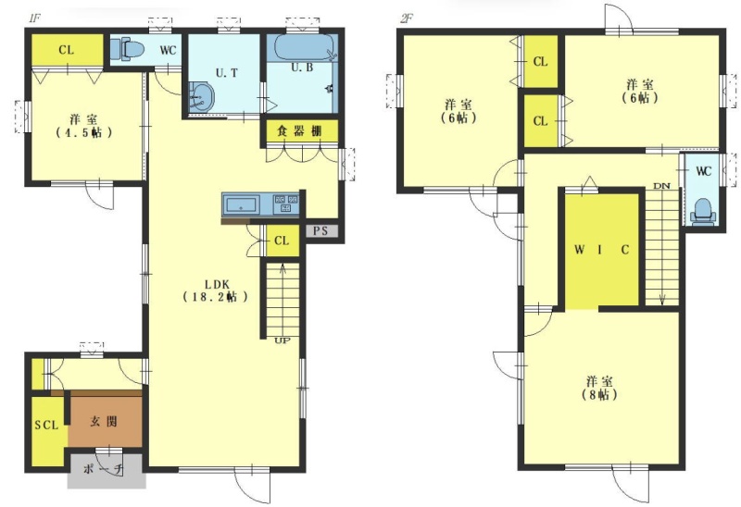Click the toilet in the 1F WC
(127, 49)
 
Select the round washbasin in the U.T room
(202, 98)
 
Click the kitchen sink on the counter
(242, 205)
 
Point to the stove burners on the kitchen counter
(286, 204)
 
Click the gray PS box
(321, 231)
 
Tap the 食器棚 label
(299, 130)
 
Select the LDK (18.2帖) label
(216, 291)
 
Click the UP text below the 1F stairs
(283, 340)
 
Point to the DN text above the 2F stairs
(661, 186)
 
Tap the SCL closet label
(46, 425)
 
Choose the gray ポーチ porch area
(106, 471)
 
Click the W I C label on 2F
(601, 249)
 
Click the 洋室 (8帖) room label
(599, 388)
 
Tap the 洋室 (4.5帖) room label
(84, 126)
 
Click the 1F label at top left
(34, 19)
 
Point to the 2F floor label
(406, 19)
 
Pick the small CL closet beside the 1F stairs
(283, 241)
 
